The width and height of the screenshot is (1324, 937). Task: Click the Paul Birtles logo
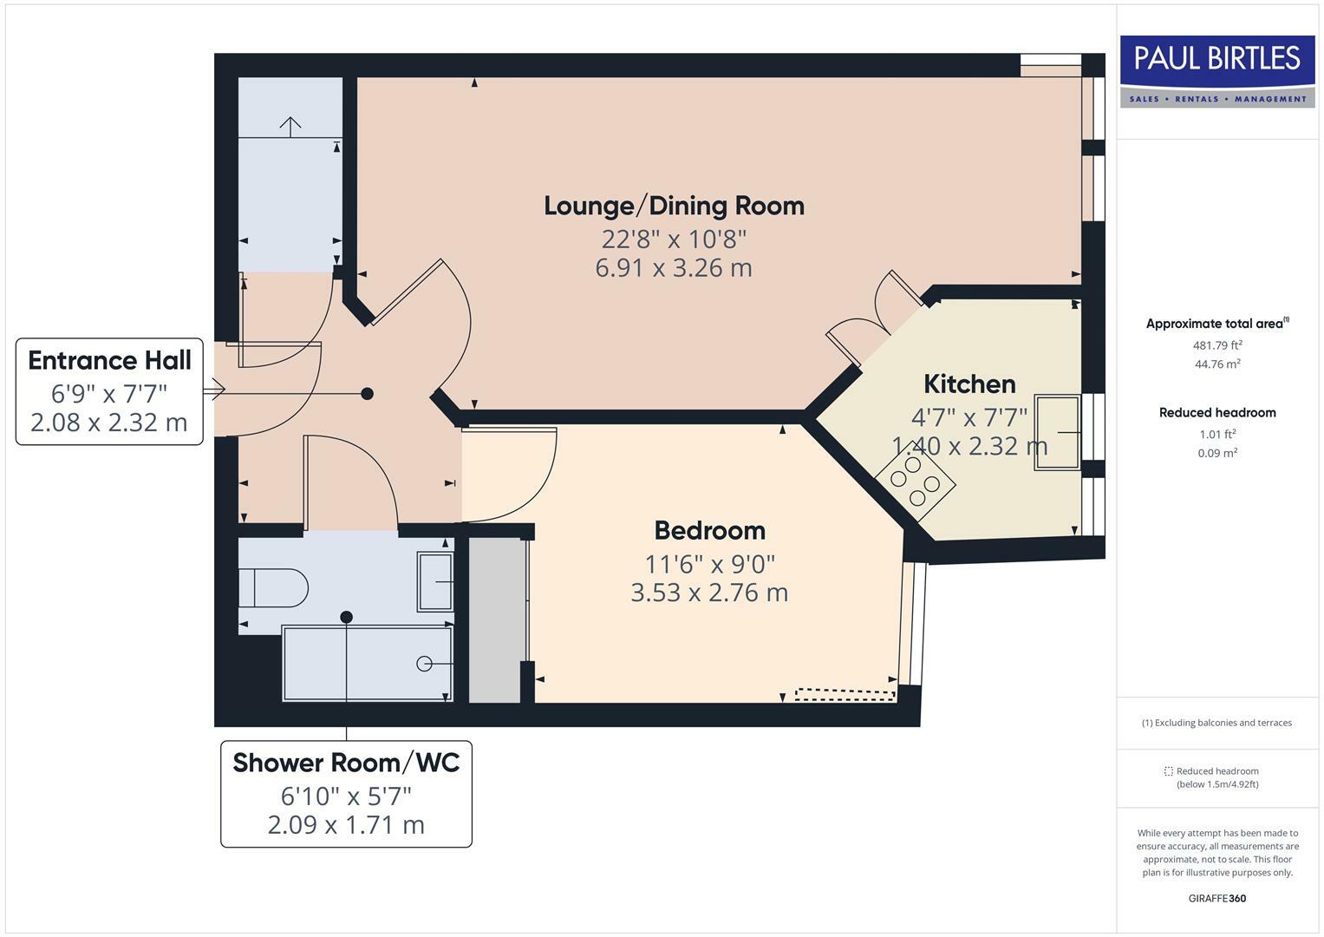click(1217, 71)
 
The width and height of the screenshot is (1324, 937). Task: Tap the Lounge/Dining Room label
click(674, 206)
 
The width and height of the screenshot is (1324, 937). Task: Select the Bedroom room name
click(709, 531)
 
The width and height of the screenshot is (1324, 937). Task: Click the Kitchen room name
click(969, 384)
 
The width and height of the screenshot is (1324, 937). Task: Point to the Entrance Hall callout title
click(109, 360)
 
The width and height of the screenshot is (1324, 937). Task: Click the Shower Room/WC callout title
click(346, 763)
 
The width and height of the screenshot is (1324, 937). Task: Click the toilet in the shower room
click(273, 588)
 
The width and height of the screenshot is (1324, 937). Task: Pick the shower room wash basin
click(435, 581)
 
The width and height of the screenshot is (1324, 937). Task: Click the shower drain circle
click(424, 664)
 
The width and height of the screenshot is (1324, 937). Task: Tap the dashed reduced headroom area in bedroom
click(845, 694)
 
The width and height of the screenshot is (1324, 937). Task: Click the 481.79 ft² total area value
click(1217, 345)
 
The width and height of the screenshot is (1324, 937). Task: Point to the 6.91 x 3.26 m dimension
click(674, 268)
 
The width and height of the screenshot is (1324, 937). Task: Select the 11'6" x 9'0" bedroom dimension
click(709, 564)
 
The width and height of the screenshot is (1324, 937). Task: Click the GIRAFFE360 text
click(1217, 898)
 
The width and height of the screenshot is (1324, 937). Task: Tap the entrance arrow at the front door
click(214, 390)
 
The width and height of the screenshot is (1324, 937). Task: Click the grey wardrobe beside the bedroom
click(495, 620)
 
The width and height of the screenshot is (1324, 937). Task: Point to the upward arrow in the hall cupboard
click(290, 127)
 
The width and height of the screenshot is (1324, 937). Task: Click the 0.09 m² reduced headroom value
click(1217, 453)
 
